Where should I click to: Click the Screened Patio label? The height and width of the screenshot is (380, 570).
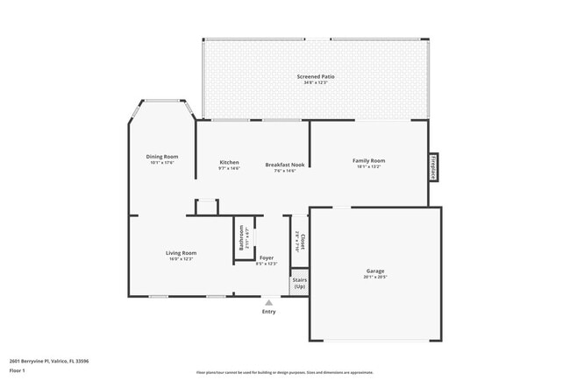[x=316, y=77]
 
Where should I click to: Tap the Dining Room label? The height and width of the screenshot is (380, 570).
[x=162, y=156]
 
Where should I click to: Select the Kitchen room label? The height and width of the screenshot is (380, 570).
[x=229, y=162]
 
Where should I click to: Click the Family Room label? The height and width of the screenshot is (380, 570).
[x=368, y=160]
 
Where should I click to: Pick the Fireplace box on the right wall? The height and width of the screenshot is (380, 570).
[x=433, y=167]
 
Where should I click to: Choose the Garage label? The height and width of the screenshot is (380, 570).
[x=374, y=271]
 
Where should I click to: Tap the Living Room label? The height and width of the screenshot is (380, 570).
[x=181, y=253]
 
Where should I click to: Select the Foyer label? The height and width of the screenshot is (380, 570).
[x=266, y=257]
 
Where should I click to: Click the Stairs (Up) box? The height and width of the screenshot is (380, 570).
[x=300, y=284]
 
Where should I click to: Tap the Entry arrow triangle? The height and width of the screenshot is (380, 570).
[x=268, y=302]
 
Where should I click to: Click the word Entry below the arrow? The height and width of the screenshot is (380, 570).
[x=268, y=312]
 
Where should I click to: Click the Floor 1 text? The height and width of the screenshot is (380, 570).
[x=18, y=370]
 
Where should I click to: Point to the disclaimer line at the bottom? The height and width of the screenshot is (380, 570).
[x=285, y=372]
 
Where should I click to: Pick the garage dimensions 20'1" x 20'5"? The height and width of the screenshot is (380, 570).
[x=374, y=277]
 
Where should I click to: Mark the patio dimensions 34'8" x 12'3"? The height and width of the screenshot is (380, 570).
[x=316, y=82]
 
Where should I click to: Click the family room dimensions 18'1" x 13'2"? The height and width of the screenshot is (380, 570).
[x=368, y=166]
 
